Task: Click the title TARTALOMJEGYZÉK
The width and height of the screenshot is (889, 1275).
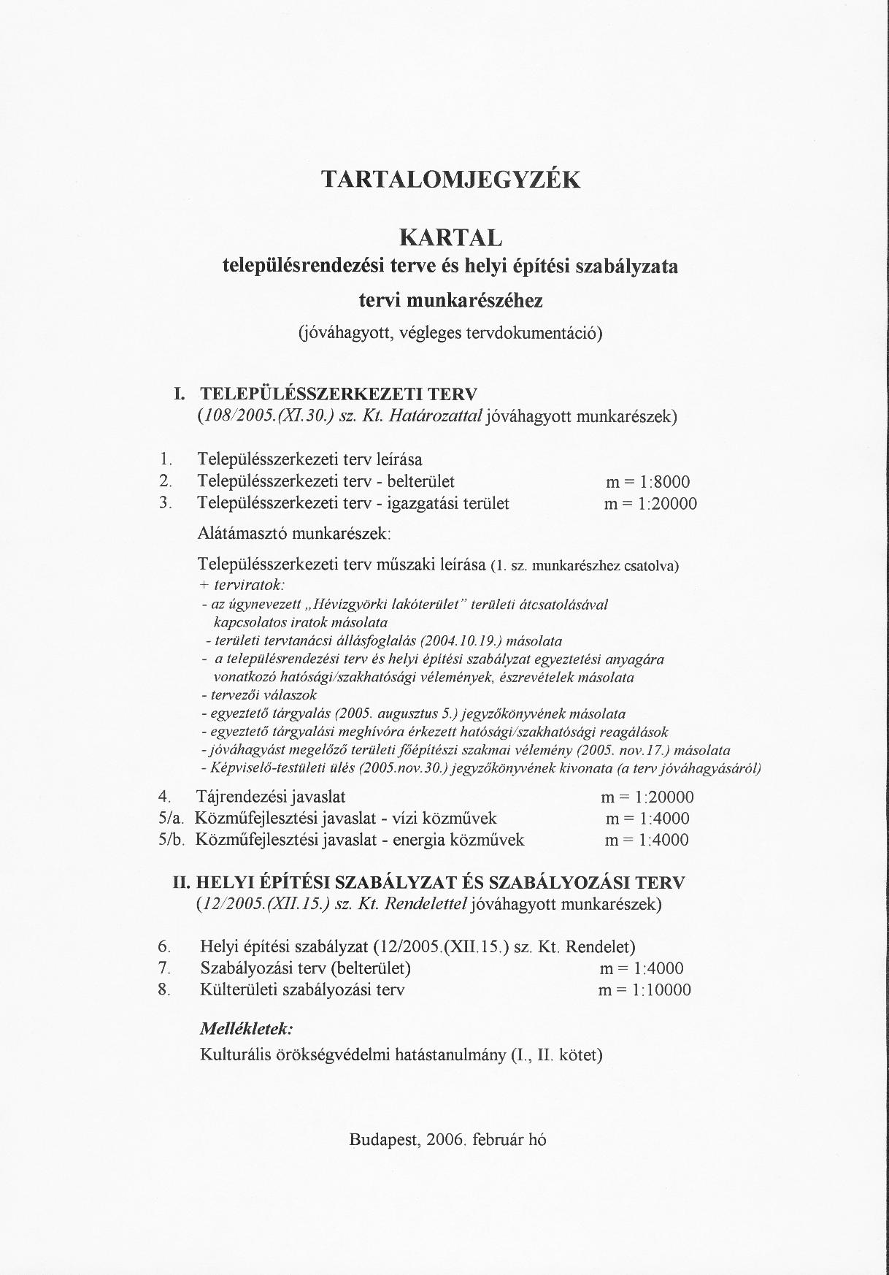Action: point(450,180)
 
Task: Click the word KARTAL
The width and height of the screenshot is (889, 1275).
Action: point(450,238)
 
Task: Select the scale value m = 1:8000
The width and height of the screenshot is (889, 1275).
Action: point(647,482)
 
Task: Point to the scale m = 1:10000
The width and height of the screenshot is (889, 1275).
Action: point(644,990)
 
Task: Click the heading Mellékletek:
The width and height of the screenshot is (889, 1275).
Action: point(247,1029)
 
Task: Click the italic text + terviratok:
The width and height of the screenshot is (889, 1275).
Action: point(241,585)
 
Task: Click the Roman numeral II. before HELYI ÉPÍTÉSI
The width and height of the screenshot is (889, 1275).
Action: point(181,883)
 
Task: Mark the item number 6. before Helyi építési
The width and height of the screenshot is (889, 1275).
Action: point(165,947)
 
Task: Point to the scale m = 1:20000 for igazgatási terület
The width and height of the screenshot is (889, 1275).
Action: point(650,504)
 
